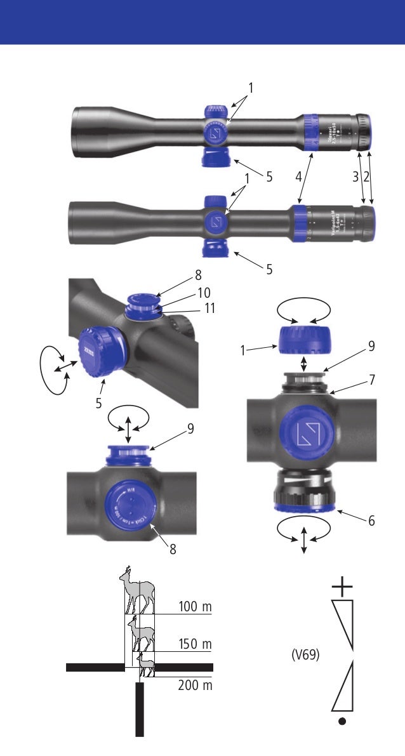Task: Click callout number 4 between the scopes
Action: (x=298, y=177)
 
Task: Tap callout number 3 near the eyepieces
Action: (x=356, y=177)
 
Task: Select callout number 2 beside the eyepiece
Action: (x=366, y=177)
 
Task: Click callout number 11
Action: (x=209, y=308)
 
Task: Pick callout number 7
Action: (x=371, y=380)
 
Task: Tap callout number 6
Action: (x=371, y=521)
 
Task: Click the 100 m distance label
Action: (x=195, y=607)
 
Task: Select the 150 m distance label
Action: (x=195, y=644)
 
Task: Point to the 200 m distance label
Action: (x=195, y=686)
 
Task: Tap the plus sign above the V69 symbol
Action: (x=342, y=587)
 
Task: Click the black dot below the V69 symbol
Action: (x=342, y=721)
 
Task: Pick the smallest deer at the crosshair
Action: (x=145, y=665)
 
